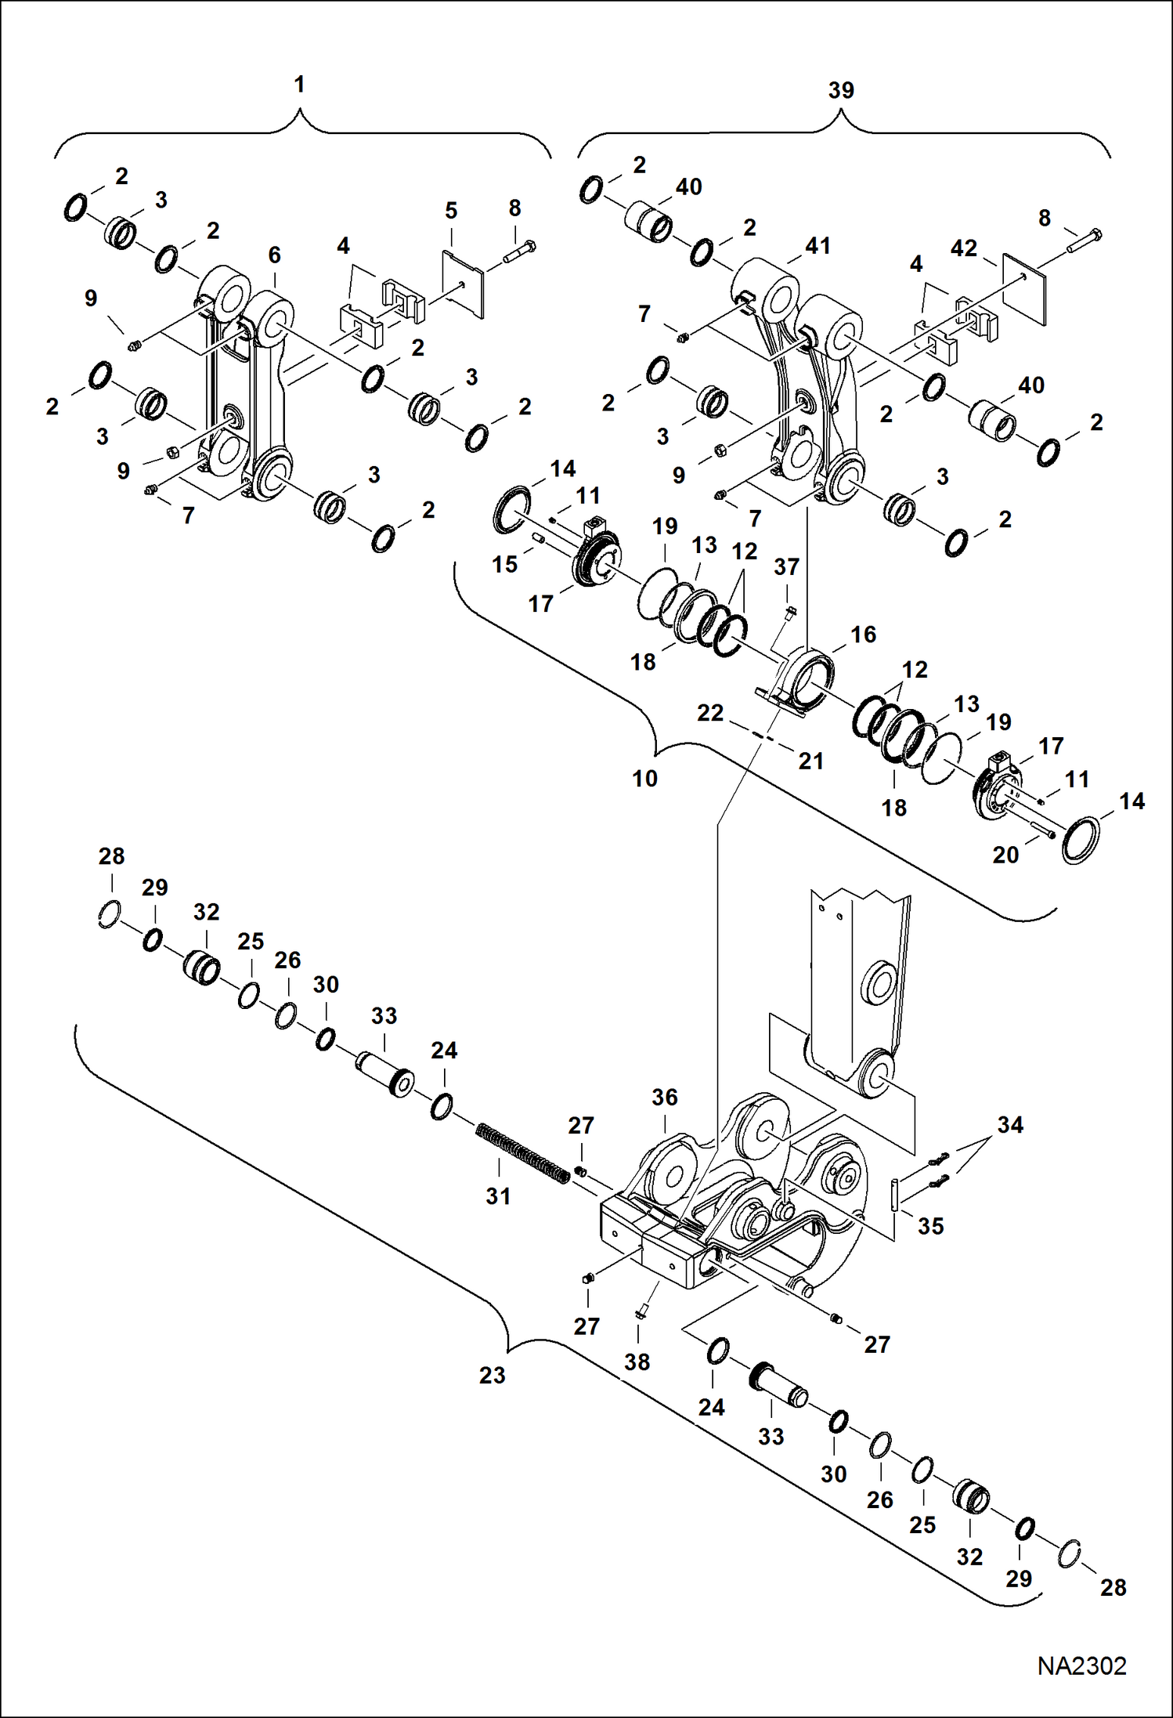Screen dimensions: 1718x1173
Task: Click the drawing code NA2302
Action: (x=1081, y=1666)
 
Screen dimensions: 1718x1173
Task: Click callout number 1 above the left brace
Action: (x=299, y=85)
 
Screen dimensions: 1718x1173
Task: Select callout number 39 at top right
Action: (x=841, y=90)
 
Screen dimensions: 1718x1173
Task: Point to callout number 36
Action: (x=664, y=1097)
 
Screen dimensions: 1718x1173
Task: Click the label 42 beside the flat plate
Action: (x=963, y=248)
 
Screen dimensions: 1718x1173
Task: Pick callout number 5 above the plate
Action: (x=451, y=211)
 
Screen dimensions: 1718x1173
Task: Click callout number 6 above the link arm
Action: (x=274, y=255)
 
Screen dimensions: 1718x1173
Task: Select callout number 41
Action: (x=817, y=246)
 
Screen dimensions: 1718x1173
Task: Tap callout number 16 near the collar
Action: (x=863, y=635)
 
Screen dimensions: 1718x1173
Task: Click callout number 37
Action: (x=787, y=566)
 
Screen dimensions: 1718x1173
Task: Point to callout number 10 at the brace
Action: (x=644, y=779)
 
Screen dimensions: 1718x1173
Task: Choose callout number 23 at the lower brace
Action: (x=492, y=1375)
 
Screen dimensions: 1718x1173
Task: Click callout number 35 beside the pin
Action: (x=930, y=1226)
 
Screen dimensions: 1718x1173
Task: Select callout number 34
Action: (x=1009, y=1125)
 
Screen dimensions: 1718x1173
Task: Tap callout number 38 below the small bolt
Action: (x=637, y=1362)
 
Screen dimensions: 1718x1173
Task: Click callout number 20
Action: (x=1005, y=855)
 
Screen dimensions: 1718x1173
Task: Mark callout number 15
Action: (x=504, y=564)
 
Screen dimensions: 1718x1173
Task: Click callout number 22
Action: (x=710, y=713)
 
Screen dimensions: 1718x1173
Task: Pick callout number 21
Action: (x=810, y=761)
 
